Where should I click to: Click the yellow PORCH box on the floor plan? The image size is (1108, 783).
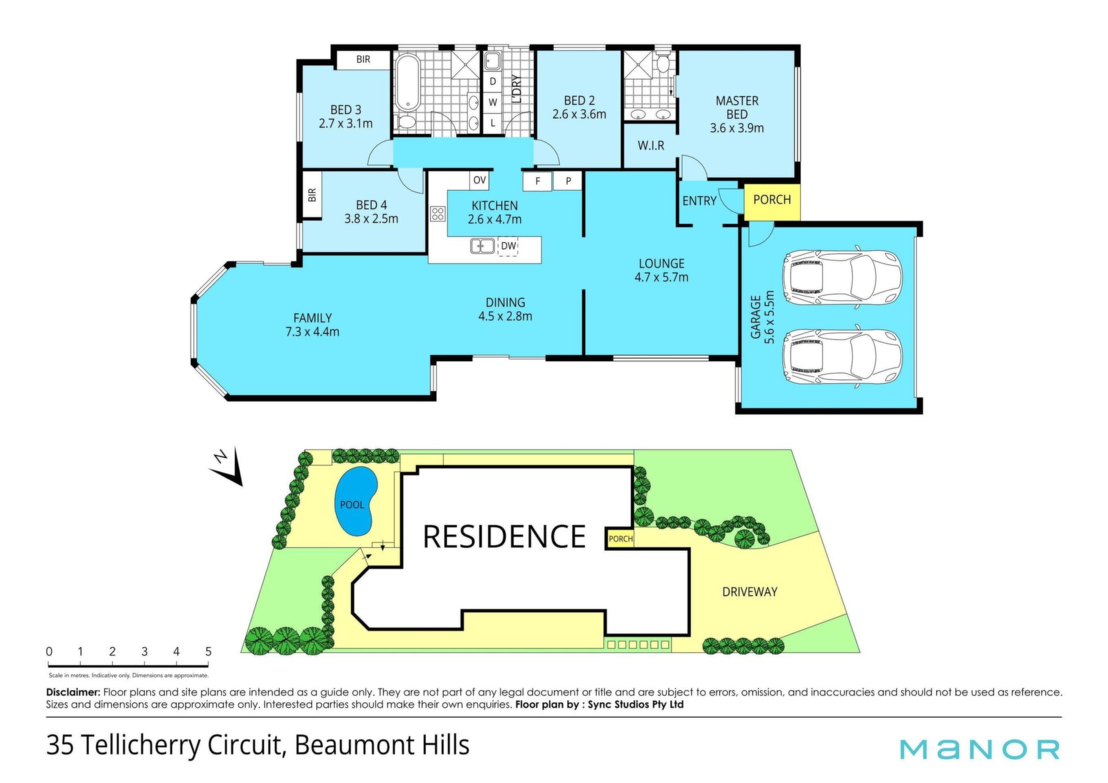(x=772, y=202)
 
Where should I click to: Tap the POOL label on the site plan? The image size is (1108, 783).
(x=352, y=505)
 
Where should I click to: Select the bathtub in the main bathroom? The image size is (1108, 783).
(x=409, y=83)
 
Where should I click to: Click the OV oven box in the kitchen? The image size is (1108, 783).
(x=480, y=181)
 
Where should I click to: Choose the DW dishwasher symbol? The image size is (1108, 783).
(x=508, y=246)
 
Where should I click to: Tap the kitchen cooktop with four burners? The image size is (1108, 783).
(x=437, y=214)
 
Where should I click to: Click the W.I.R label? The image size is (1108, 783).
(x=651, y=146)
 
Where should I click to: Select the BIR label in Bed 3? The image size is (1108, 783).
(x=363, y=59)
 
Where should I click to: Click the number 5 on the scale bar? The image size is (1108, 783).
(x=208, y=651)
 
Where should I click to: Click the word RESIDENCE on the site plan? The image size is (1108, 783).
(x=504, y=537)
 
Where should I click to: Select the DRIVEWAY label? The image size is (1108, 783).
(x=750, y=592)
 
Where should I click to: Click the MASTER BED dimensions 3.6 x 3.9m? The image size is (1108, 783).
(x=737, y=128)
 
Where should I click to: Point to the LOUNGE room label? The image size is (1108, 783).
(x=661, y=264)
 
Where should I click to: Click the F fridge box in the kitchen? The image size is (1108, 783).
(x=538, y=181)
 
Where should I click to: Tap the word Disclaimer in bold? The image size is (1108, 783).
(x=73, y=692)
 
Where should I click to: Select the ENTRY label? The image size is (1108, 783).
(x=699, y=201)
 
